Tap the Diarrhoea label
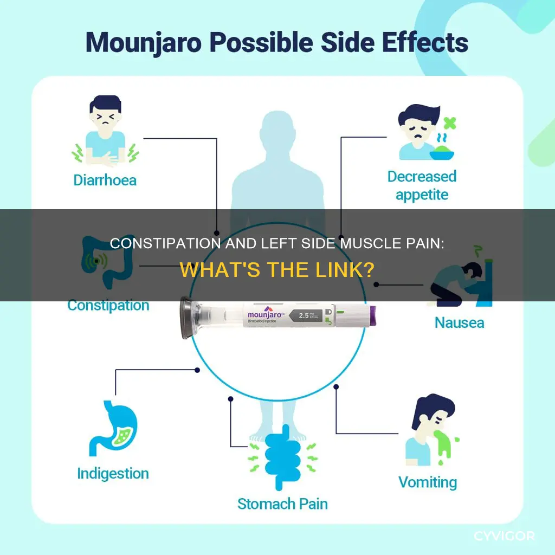click(105, 180)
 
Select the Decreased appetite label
click(422, 185)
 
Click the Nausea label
click(459, 322)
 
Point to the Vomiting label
click(428, 482)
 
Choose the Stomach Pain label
click(282, 504)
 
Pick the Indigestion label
click(113, 474)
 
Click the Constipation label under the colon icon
click(108, 306)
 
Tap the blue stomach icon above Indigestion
click(113, 428)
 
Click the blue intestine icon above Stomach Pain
click(282, 456)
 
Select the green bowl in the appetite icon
click(442, 153)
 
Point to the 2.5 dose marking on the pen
click(304, 315)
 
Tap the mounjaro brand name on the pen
click(264, 315)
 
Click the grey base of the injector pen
click(186, 318)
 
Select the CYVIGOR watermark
click(504, 536)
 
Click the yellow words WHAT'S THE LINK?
click(277, 270)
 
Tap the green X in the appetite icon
click(449, 123)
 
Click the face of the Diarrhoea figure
click(105, 121)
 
